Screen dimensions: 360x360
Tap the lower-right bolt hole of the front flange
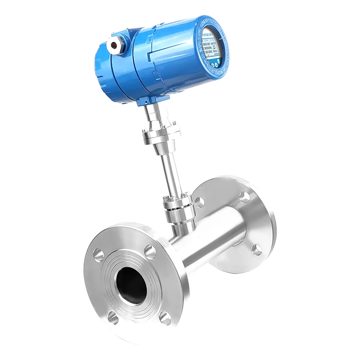pyautogui.click(x=166, y=318)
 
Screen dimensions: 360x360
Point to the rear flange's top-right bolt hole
pyautogui.click(x=244, y=197)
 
